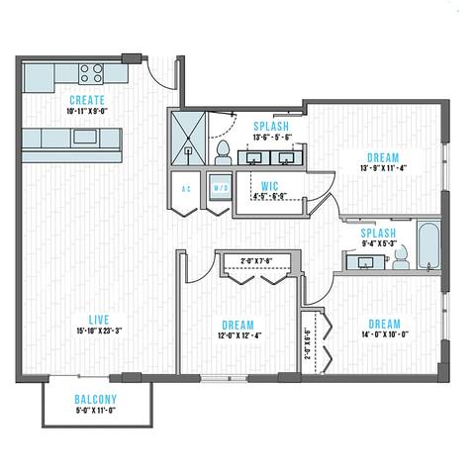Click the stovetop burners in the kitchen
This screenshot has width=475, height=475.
pos(91,72)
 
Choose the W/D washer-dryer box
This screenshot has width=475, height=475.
pos(219,188)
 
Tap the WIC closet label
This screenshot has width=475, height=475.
pos(269,185)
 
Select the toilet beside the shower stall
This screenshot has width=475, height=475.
pos(224,151)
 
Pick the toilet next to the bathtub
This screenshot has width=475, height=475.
pos(400,257)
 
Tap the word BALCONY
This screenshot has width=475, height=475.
pos(95,400)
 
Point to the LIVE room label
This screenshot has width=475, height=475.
pos(97,320)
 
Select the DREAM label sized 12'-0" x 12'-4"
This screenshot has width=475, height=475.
pos(238,325)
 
